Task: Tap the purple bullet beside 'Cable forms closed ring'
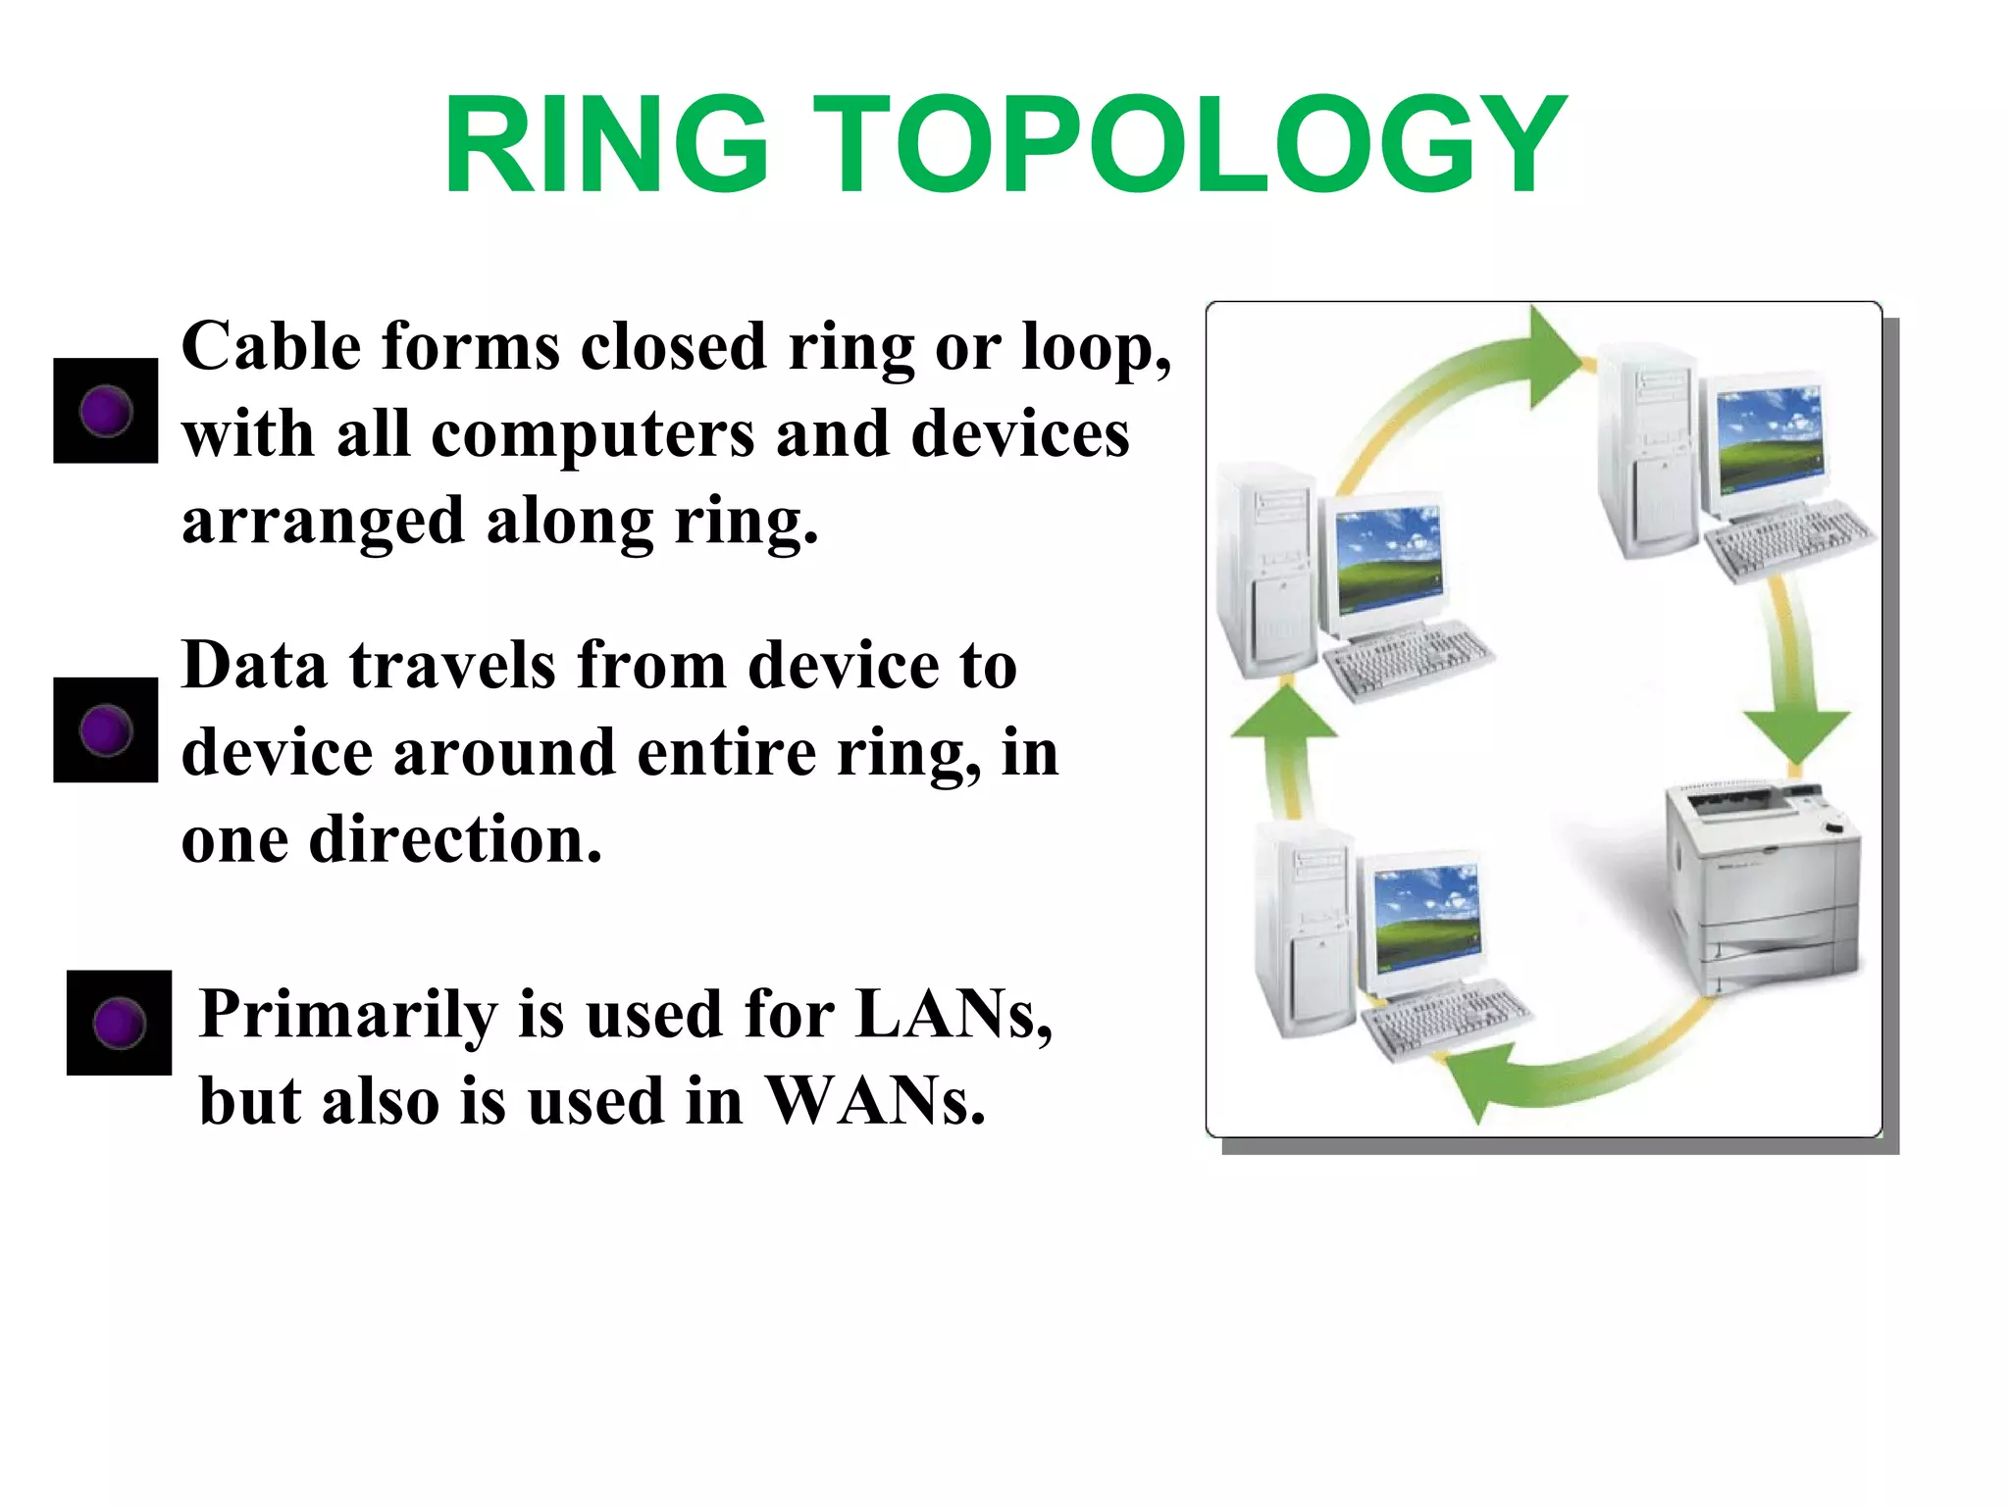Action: pos(106,411)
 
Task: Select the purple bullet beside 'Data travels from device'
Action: pos(106,730)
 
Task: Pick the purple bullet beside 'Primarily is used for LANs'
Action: pos(119,1023)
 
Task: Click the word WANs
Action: pos(873,1101)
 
